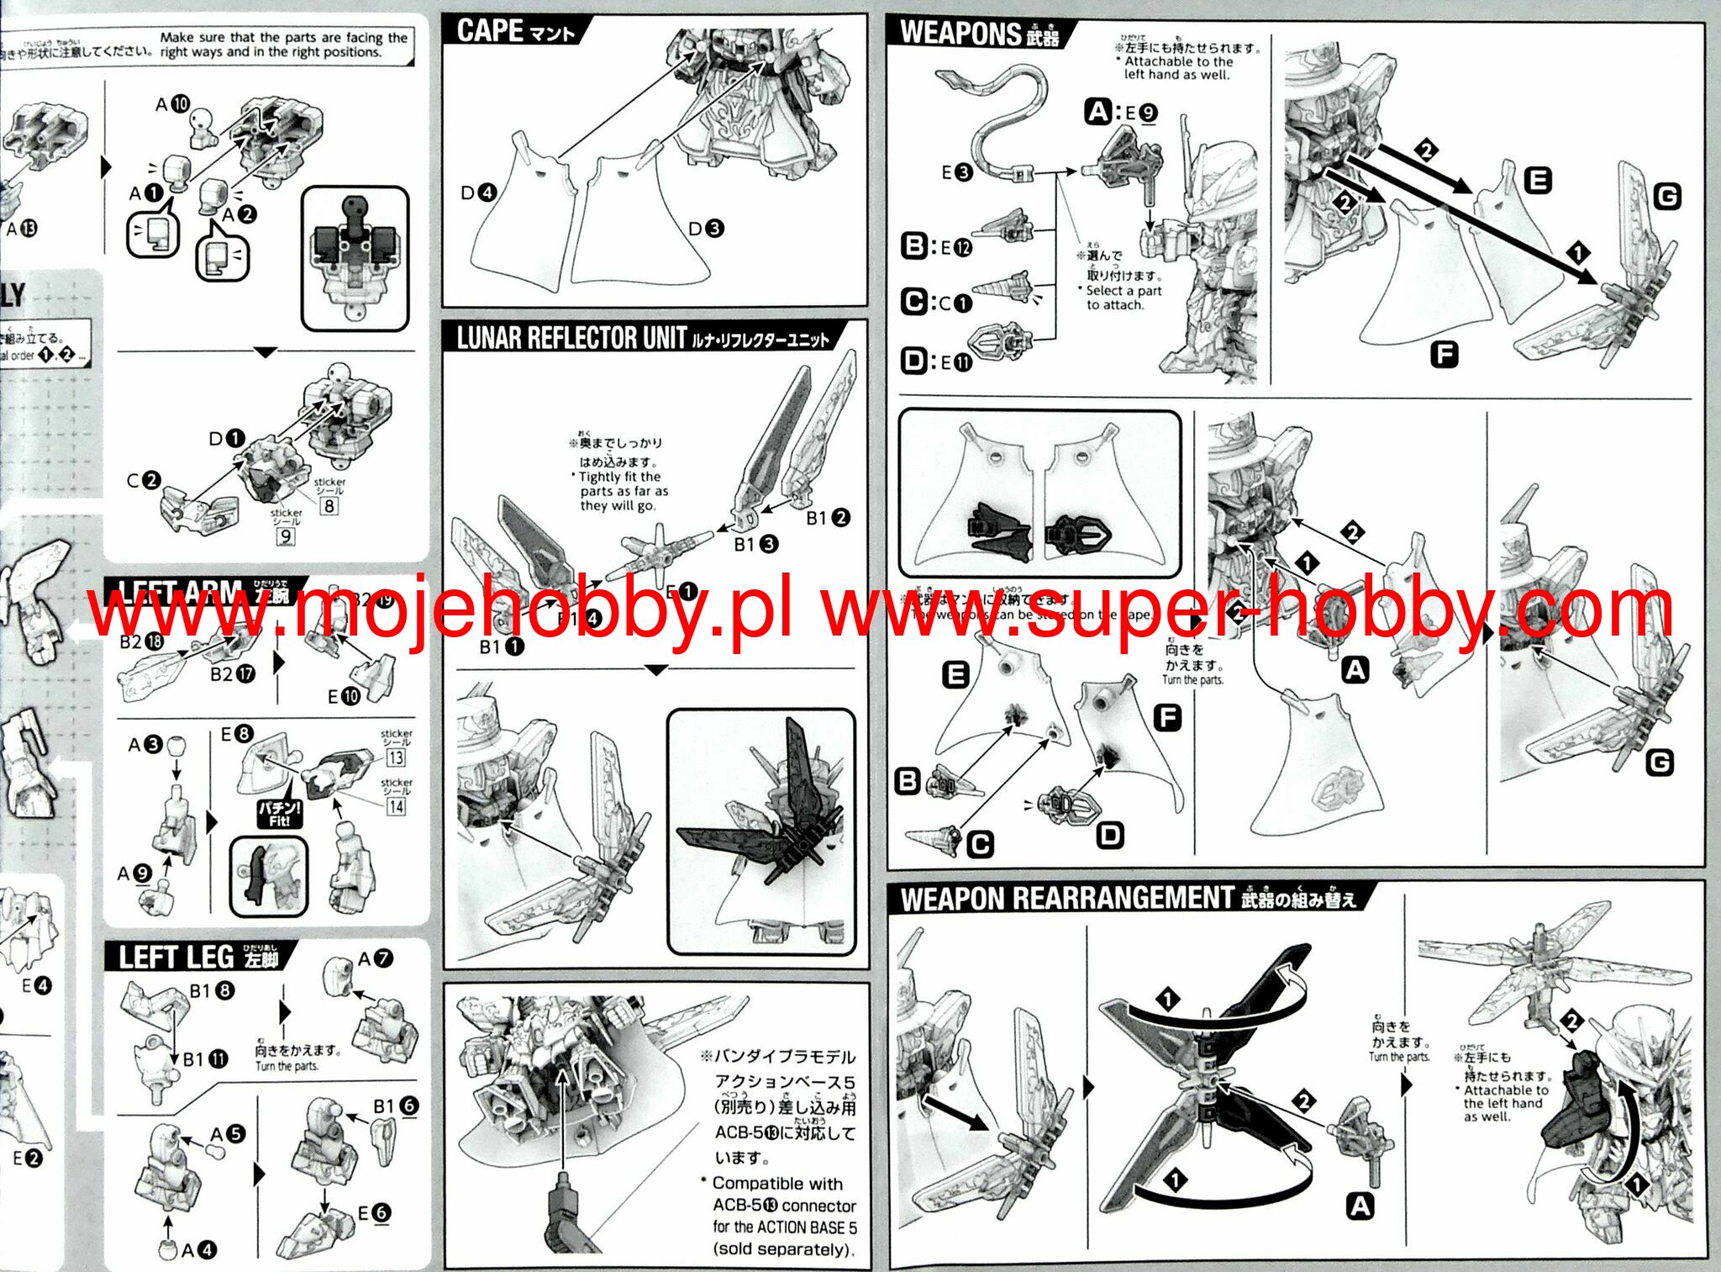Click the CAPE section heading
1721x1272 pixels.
coord(515,31)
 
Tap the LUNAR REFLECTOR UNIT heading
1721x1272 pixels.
coord(643,338)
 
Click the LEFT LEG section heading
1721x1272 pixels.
coord(198,958)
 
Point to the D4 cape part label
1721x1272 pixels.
coord(478,193)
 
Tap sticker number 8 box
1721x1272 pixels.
coord(329,505)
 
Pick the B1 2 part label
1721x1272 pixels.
coord(828,518)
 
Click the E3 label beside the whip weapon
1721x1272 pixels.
coord(956,172)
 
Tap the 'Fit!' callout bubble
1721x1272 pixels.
coord(279,812)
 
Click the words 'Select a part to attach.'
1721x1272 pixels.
coord(1123,298)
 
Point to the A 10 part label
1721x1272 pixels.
coord(172,104)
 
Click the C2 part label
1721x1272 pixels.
coord(143,480)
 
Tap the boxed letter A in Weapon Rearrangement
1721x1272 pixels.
coord(1360,1206)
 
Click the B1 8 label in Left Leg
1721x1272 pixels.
coord(212,990)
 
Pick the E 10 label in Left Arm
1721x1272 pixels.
coord(343,696)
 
